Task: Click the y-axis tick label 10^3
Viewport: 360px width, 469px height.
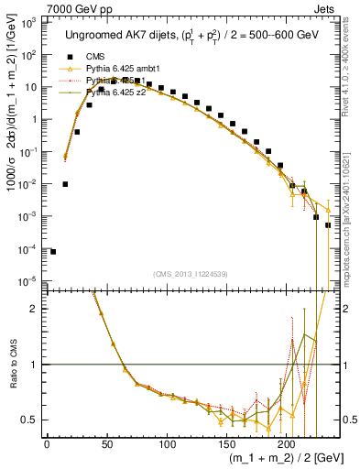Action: [x=28, y=21]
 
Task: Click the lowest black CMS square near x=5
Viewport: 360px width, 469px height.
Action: [x=53, y=251]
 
